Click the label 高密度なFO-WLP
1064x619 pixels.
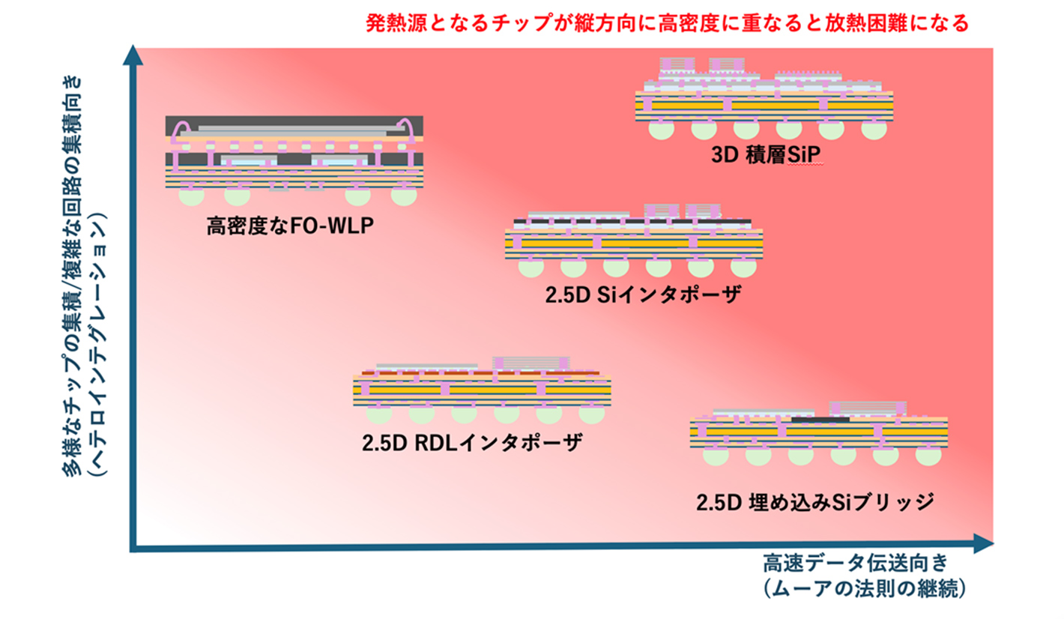(290, 226)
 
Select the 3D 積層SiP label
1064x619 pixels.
(766, 154)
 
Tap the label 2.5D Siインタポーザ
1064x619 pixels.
(643, 295)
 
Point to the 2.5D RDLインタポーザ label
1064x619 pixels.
(471, 443)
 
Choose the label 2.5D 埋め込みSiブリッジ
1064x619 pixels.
(815, 502)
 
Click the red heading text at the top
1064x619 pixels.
(668, 22)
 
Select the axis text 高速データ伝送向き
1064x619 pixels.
(856, 564)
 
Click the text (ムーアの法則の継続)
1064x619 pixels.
(865, 589)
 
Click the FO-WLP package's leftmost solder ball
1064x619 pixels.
(191, 196)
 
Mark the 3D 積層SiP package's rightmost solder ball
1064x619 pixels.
(874, 130)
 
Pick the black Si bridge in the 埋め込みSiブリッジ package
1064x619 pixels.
(820, 420)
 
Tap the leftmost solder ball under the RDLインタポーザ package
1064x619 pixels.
(379, 414)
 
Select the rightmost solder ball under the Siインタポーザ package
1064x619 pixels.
(743, 268)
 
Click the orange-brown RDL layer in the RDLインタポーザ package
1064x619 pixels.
(481, 373)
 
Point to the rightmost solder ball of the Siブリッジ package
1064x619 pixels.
(928, 456)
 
